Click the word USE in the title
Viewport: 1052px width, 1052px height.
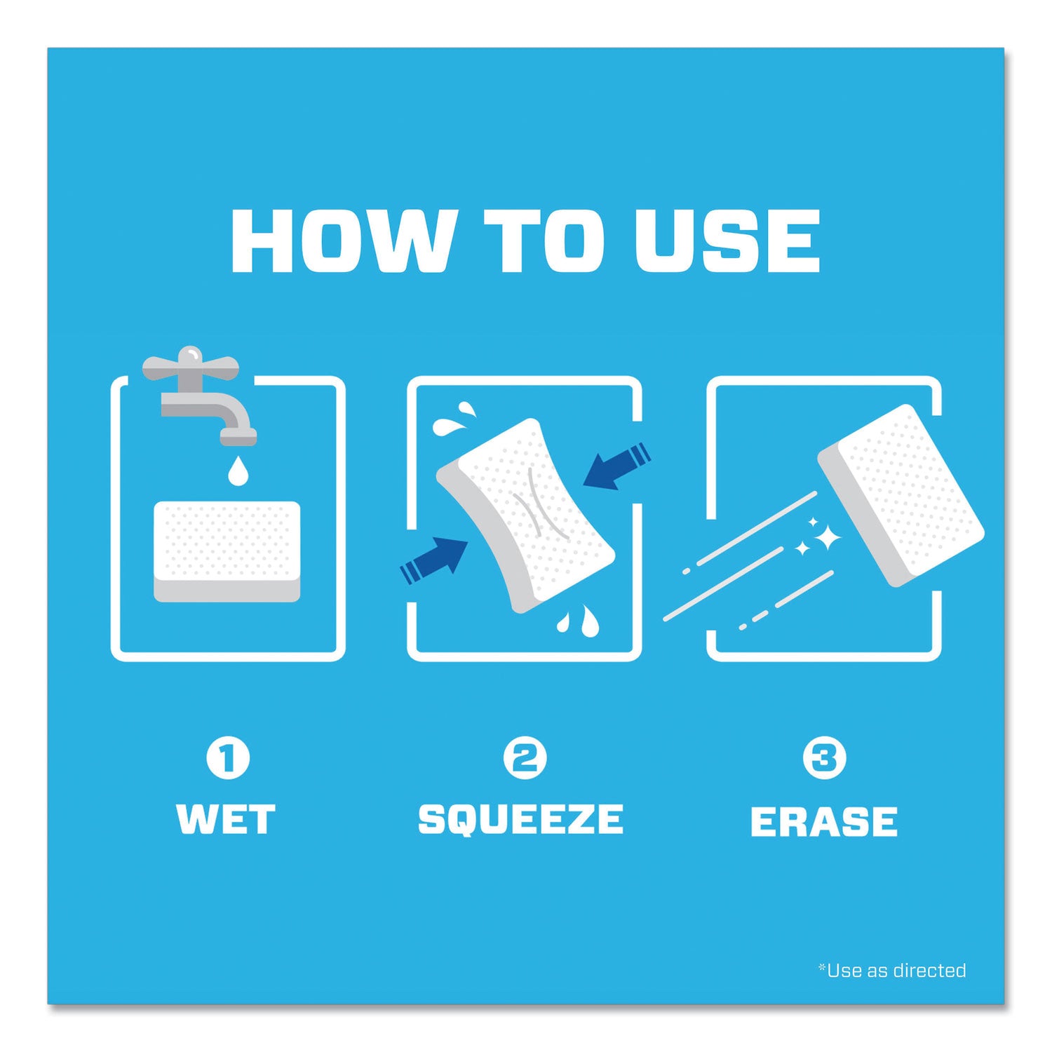pos(728,241)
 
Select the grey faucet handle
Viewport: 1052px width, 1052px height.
pos(190,365)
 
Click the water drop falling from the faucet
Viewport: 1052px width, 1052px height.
pos(238,471)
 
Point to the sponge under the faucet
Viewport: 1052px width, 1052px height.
pos(227,551)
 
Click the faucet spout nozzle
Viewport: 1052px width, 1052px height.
pos(238,437)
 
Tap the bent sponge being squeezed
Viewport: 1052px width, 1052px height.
pos(526,515)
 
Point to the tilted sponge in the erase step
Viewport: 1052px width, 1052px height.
pos(901,494)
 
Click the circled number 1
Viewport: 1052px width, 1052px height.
pos(227,758)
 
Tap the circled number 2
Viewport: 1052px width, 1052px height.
pos(525,758)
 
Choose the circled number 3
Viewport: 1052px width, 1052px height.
pos(824,758)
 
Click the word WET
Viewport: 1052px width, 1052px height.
pos(226,819)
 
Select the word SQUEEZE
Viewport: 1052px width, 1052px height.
pos(520,819)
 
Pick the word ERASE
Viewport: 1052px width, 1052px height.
pos(824,821)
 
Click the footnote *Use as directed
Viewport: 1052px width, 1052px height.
pos(892,971)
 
